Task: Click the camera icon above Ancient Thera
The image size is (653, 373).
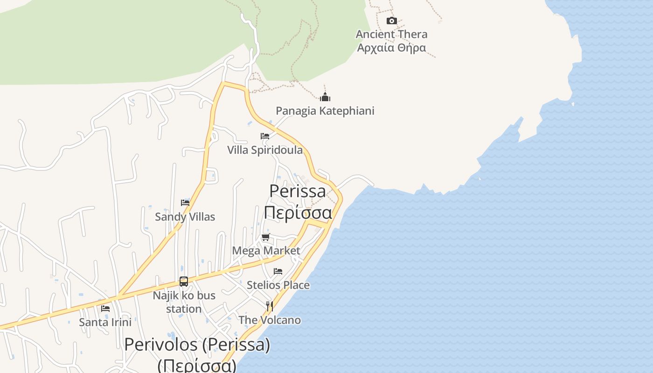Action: (x=392, y=21)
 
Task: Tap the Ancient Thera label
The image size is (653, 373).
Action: (x=391, y=34)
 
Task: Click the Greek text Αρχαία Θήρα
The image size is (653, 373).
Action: (x=391, y=48)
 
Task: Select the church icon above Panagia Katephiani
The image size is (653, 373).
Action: (x=325, y=97)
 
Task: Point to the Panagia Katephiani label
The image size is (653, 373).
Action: (x=325, y=111)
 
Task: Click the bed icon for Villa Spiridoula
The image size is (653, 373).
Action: (x=265, y=136)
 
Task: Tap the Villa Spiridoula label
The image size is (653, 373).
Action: (x=264, y=150)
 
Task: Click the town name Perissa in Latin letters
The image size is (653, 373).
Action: (x=298, y=191)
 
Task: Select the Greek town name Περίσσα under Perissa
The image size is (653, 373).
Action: (x=298, y=212)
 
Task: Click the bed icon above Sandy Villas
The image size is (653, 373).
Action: (x=185, y=203)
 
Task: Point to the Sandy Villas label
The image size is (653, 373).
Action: (x=185, y=217)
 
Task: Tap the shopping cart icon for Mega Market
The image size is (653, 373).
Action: (x=266, y=237)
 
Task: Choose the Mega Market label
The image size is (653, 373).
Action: (x=266, y=251)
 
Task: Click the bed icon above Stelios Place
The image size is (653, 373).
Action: (x=278, y=271)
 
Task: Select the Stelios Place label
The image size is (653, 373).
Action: (x=278, y=285)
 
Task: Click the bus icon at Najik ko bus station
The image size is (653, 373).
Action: (x=184, y=282)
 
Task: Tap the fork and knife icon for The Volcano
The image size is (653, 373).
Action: (x=270, y=306)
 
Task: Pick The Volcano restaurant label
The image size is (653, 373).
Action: (x=270, y=320)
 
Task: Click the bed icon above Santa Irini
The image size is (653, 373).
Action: (x=105, y=308)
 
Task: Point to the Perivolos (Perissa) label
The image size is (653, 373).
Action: (x=197, y=345)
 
